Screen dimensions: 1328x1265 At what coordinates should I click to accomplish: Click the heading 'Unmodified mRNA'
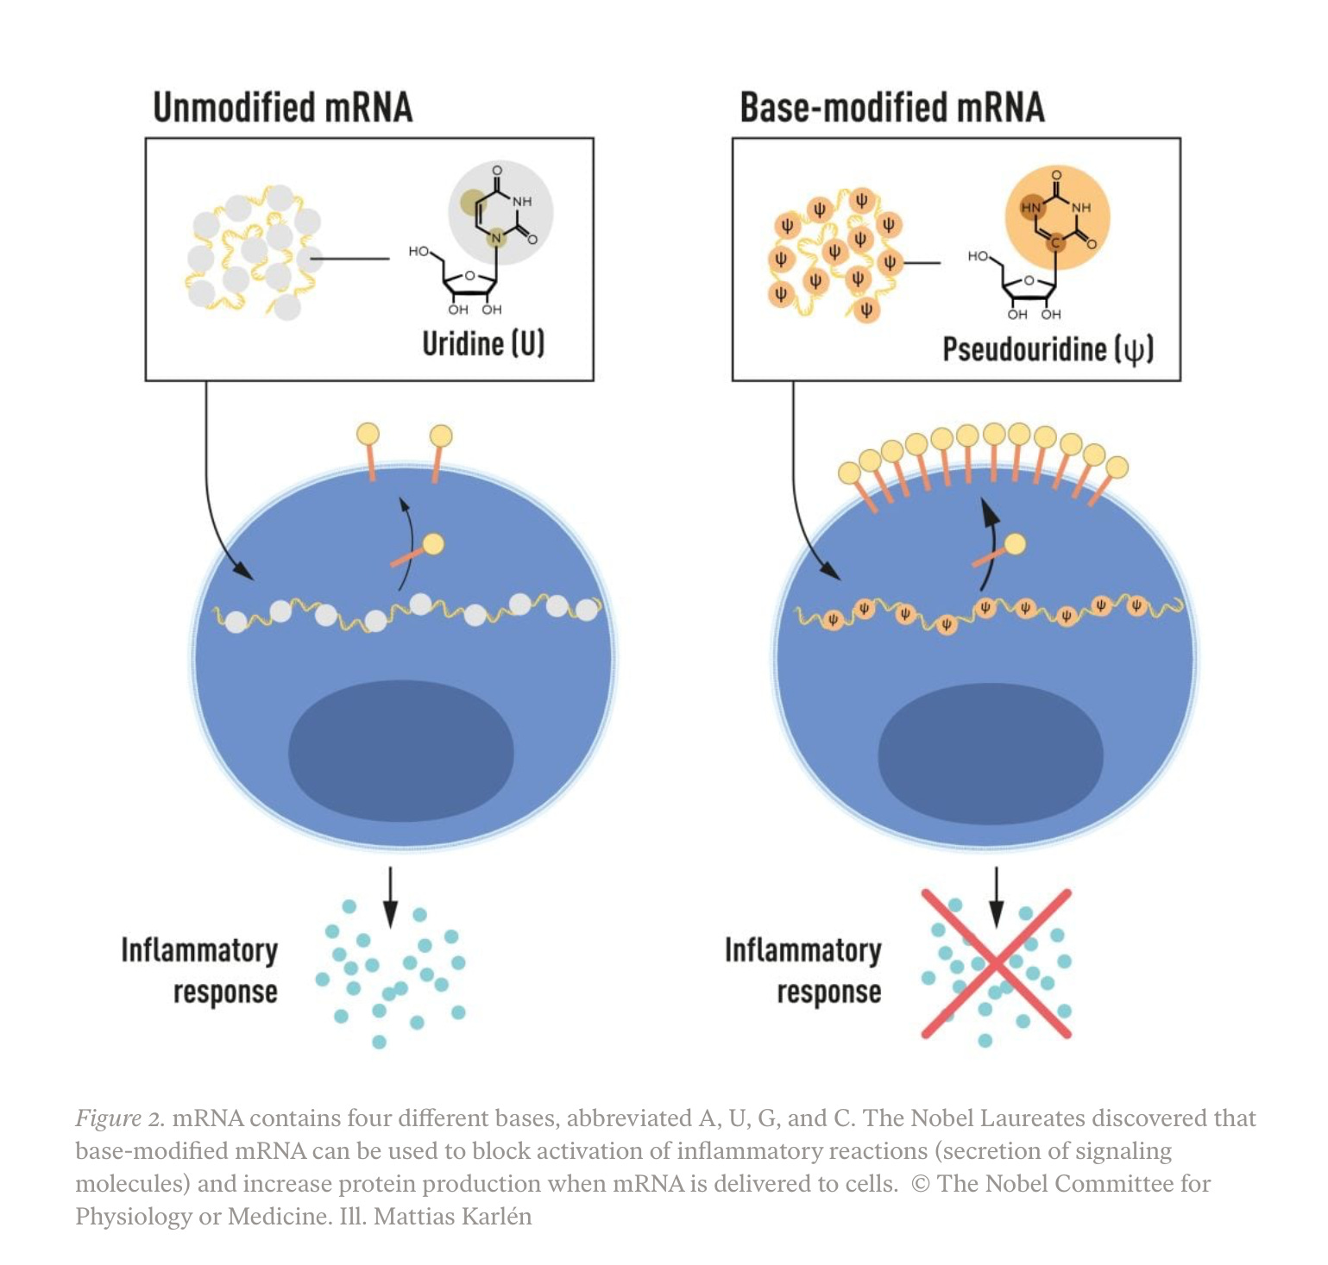282,108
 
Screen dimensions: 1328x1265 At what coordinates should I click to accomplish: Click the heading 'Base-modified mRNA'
891,108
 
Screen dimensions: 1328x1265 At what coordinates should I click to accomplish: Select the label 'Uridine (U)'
483,343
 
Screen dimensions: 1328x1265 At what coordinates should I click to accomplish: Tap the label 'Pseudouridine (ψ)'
1047,349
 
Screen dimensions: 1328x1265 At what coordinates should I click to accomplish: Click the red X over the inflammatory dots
997,963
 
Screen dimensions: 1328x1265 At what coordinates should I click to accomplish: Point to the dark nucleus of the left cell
400,750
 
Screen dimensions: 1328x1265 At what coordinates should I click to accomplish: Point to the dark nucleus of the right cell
990,753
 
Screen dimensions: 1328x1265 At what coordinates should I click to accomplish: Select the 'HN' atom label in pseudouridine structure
1031,208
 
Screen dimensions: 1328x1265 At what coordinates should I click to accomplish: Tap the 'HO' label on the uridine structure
419,251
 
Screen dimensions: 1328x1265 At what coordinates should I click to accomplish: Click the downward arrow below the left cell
390,896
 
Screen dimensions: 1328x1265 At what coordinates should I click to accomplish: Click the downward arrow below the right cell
997,896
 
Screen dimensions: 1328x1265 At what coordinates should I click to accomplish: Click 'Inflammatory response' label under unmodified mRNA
200,971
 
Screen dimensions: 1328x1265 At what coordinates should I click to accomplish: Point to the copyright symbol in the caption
921,1184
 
